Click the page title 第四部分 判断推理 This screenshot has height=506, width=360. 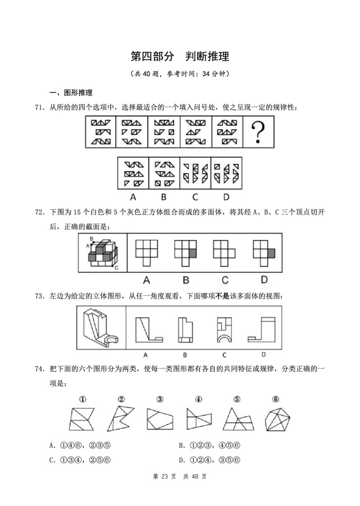[x=180, y=56]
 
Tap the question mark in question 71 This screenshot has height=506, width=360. [x=258, y=133]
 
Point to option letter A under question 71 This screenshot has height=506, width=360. [x=133, y=196]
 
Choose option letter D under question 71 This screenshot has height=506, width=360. [x=226, y=196]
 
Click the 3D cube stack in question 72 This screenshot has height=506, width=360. [x=103, y=253]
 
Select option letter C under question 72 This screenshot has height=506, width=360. [x=225, y=280]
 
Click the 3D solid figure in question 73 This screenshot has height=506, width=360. [x=101, y=327]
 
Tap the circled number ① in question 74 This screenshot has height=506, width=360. [x=82, y=399]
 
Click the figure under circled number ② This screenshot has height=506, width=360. [x=120, y=419]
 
